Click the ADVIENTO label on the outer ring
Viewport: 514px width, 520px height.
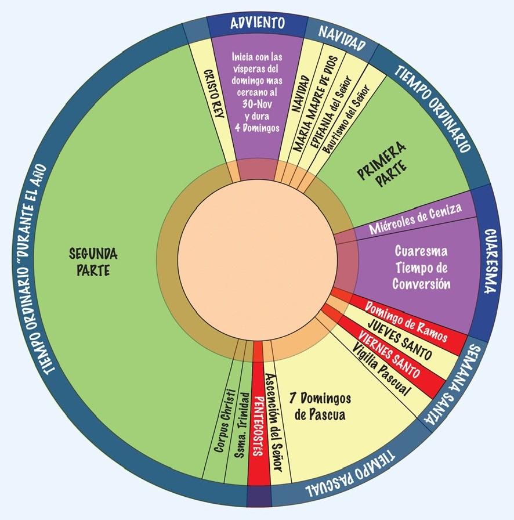(257, 24)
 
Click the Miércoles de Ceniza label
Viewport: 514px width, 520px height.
(415, 219)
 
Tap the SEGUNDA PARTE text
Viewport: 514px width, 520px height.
(93, 262)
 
